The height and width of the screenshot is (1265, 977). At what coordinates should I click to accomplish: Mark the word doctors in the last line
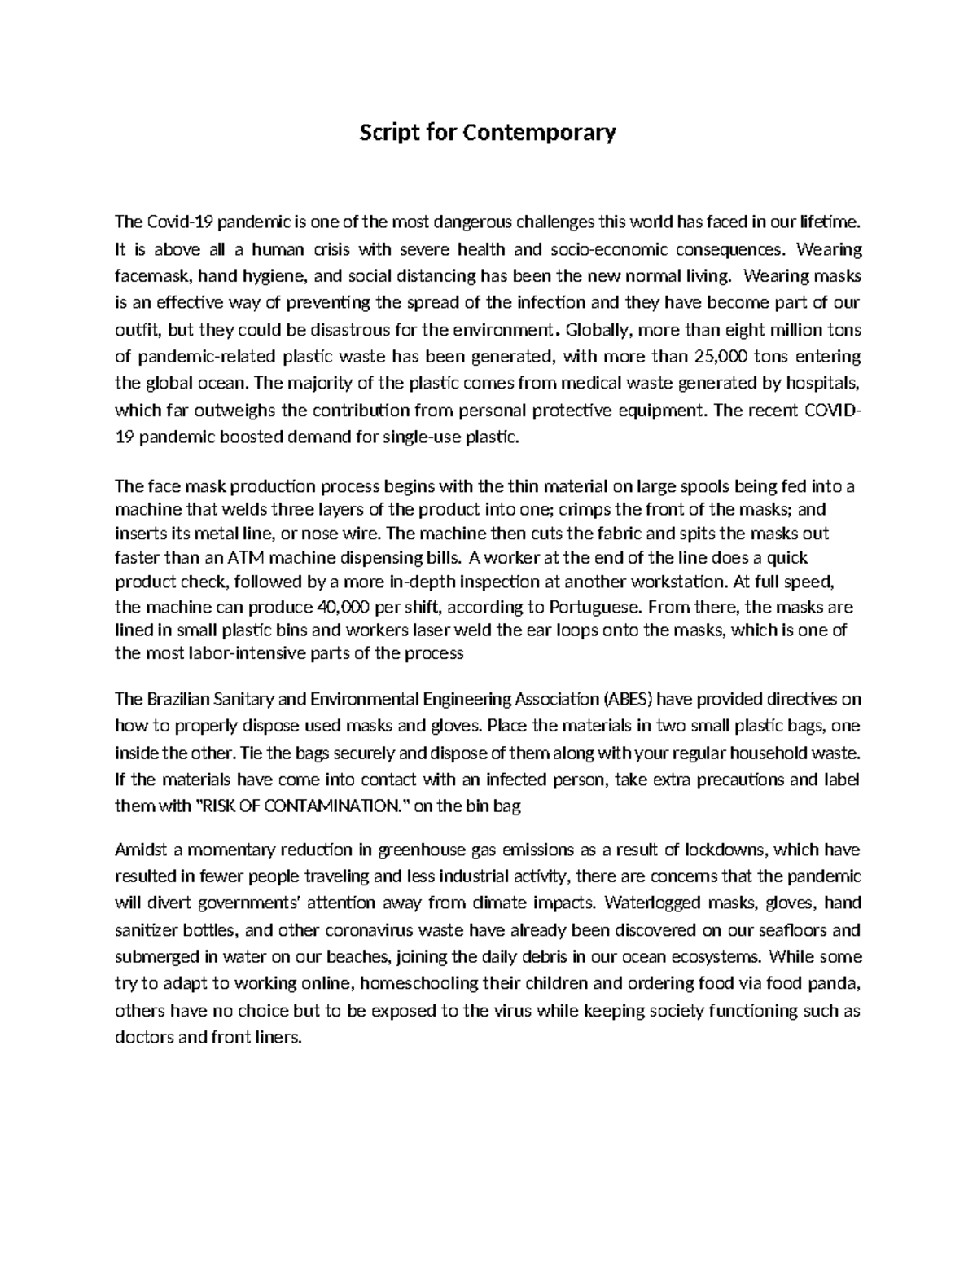click(x=144, y=1038)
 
